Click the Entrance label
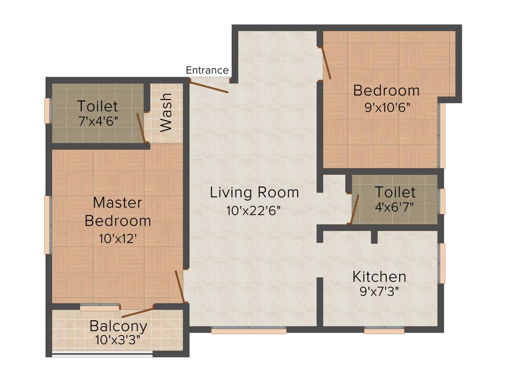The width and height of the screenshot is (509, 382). [x=207, y=70]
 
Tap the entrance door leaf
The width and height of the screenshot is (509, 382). [x=209, y=87]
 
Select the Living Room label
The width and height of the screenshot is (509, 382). [x=254, y=192]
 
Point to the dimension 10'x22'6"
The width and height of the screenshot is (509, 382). [x=254, y=210]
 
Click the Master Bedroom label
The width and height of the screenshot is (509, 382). [x=118, y=211]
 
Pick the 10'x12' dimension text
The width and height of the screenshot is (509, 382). [x=118, y=239]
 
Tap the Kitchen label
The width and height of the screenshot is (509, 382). [x=379, y=277]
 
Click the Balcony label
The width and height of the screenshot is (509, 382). [x=118, y=326]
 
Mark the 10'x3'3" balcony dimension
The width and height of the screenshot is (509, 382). [x=118, y=340]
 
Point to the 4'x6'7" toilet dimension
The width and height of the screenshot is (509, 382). [x=395, y=206]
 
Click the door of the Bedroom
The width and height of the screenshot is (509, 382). [x=327, y=63]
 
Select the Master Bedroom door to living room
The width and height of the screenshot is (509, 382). [x=180, y=286]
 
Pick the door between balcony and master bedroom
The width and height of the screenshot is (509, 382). [x=138, y=312]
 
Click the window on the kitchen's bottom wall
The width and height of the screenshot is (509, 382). [x=384, y=330]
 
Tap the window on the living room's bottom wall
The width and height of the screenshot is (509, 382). [x=249, y=330]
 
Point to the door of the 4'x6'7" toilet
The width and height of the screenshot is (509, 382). [x=354, y=209]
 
